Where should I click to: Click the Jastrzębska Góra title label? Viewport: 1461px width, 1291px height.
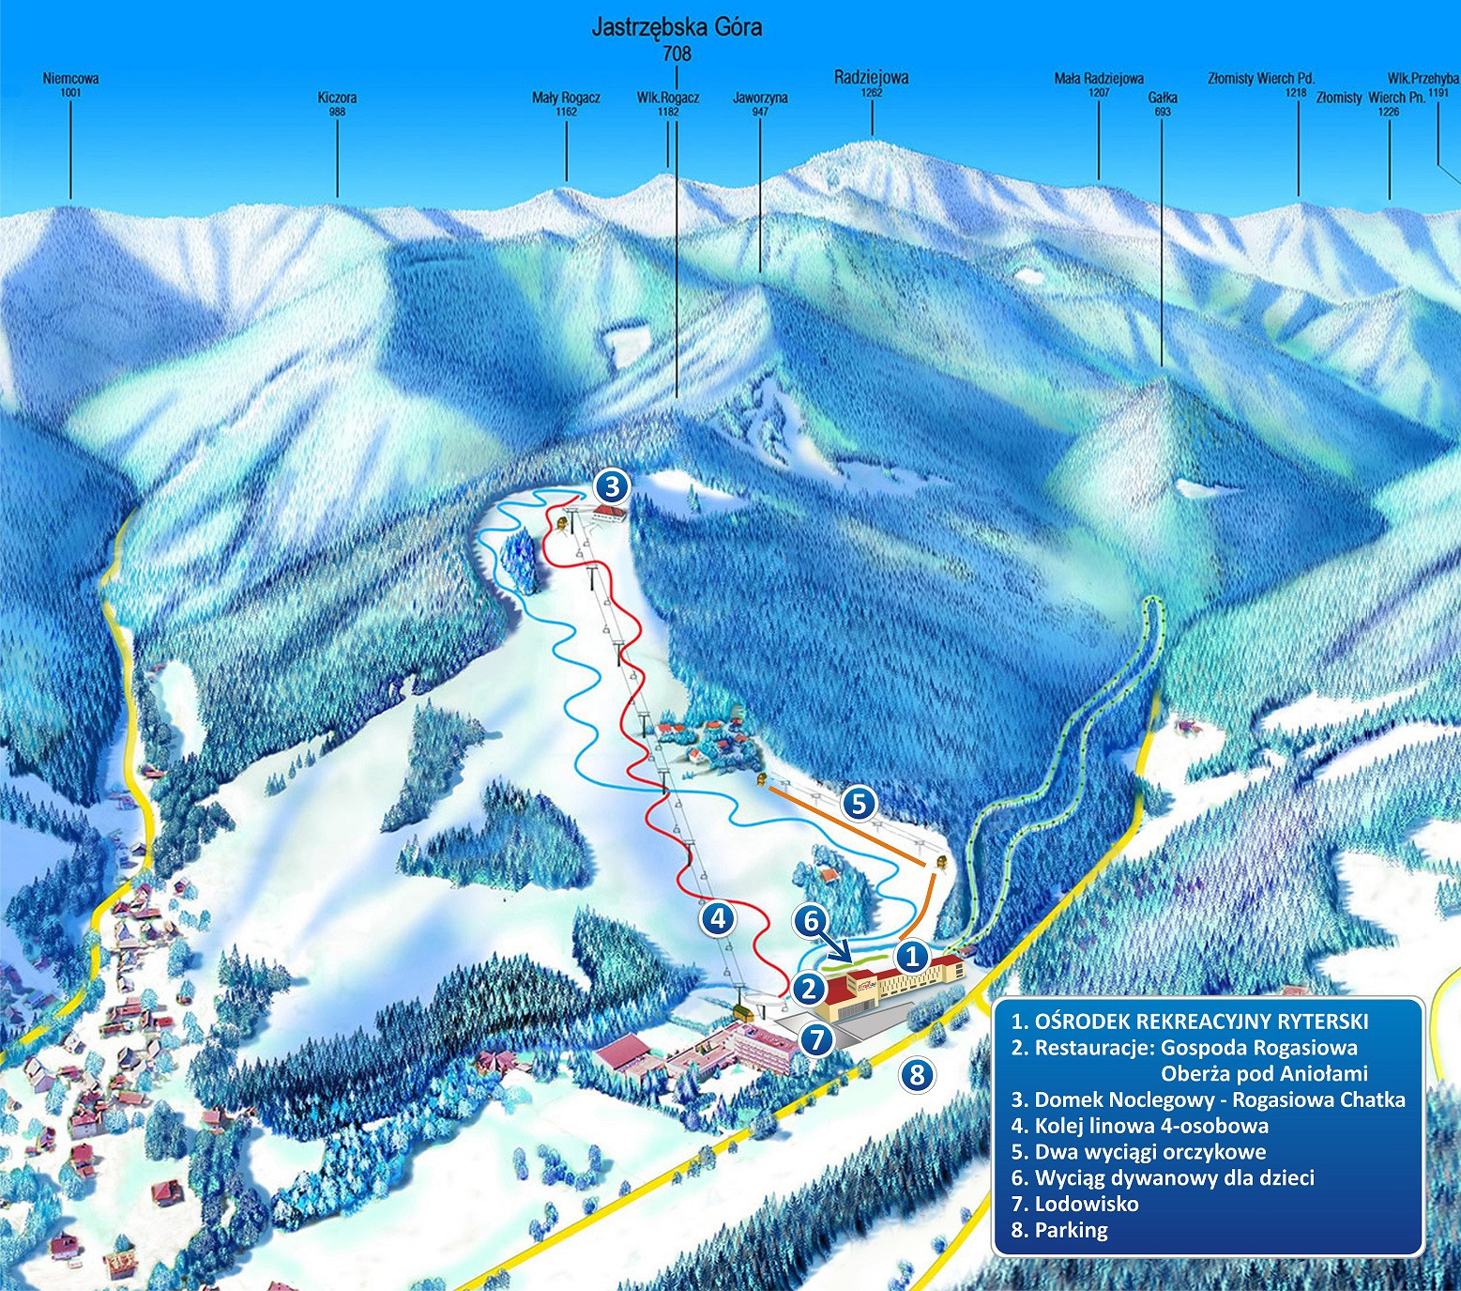pos(676,27)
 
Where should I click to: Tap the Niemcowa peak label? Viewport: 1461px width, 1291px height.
pos(70,79)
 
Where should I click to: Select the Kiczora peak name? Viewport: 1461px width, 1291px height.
pos(337,98)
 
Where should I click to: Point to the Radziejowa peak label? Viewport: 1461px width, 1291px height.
pos(871,78)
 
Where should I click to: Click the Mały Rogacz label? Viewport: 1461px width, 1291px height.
pos(566,98)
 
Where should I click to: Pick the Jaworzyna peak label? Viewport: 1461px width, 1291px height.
pos(760,98)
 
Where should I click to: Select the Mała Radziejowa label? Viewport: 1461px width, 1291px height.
pos(1098,79)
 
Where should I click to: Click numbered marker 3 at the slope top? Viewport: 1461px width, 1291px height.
pos(611,486)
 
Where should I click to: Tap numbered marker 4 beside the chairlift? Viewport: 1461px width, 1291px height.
pos(718,918)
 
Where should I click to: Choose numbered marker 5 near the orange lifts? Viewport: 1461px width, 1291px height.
pos(859,803)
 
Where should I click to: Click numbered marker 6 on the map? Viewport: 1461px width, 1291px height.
pos(810,921)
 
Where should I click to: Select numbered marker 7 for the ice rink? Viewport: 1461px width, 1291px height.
pos(817,1039)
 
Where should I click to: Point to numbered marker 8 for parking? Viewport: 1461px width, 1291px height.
pos(917,1073)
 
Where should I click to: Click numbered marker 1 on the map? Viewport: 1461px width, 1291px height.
pos(910,957)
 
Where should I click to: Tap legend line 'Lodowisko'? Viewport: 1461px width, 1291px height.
pos(1075,1204)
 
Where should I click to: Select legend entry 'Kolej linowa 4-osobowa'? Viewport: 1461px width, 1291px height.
pos(1140,1126)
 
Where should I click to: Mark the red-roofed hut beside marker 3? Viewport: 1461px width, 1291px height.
pos(609,512)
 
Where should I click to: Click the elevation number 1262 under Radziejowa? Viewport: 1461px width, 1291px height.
pos(871,93)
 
